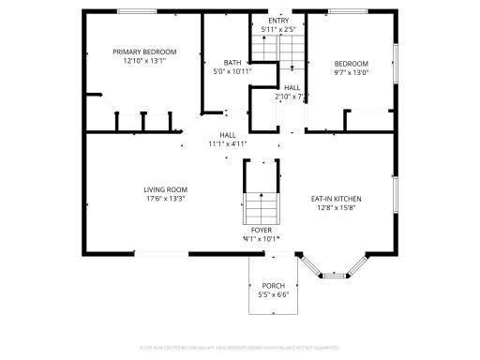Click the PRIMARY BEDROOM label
(x=144, y=52)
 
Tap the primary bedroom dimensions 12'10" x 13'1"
(x=144, y=61)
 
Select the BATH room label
(x=219, y=62)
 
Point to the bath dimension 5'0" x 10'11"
(x=219, y=71)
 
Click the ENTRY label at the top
(x=278, y=20)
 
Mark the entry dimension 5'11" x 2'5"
(x=278, y=28)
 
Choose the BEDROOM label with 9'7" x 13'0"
(x=352, y=63)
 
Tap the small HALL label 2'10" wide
(x=292, y=87)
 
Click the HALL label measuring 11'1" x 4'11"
(x=228, y=135)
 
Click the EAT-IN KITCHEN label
(x=336, y=198)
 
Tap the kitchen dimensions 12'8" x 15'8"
(x=336, y=207)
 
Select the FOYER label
(x=262, y=230)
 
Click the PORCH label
(x=273, y=285)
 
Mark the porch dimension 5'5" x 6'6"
(x=273, y=294)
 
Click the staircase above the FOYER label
(x=262, y=204)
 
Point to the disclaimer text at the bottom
(x=240, y=348)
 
